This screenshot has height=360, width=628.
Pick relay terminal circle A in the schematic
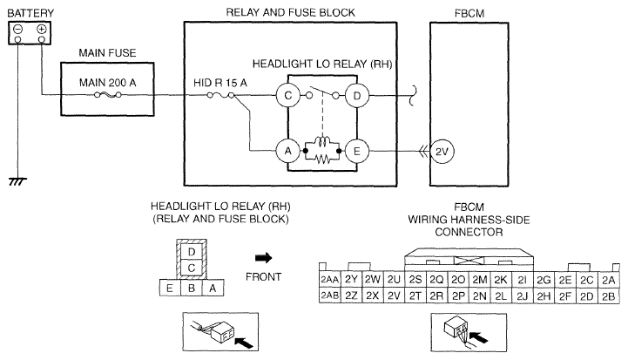point(283,151)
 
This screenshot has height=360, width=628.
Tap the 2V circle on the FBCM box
point(440,151)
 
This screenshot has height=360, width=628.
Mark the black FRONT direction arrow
point(263,258)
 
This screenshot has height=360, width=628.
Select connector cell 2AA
point(329,279)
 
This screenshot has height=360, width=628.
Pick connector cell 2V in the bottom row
point(394,296)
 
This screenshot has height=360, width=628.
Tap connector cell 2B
point(608,296)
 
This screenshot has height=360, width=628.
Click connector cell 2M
point(479,279)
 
